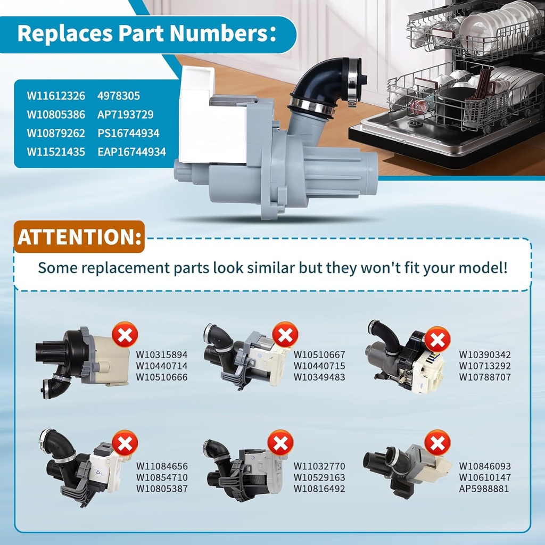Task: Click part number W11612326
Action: pos(56,96)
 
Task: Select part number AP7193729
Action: pos(126,115)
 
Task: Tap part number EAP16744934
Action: pos(132,152)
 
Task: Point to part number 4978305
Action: pos(119,96)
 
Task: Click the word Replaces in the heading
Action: pos(65,34)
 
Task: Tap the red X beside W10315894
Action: pos(125,335)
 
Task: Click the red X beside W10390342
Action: pos(437,340)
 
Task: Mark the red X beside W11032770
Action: pos(280,443)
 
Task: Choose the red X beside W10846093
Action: pos(437,443)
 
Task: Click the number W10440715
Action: pos(319,366)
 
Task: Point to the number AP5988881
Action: pos(484,489)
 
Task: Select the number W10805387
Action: pos(162,489)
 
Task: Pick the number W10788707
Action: pos(485,377)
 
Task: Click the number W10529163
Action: pos(319,477)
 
